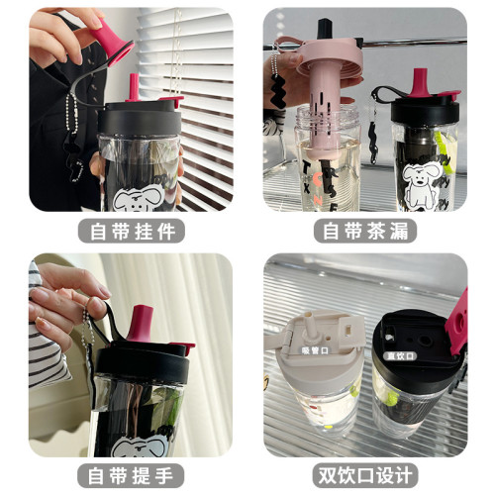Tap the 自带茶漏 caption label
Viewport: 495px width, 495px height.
point(365,232)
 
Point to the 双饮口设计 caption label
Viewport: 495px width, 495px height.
point(365,472)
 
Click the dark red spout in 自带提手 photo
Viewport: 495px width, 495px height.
point(142,322)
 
